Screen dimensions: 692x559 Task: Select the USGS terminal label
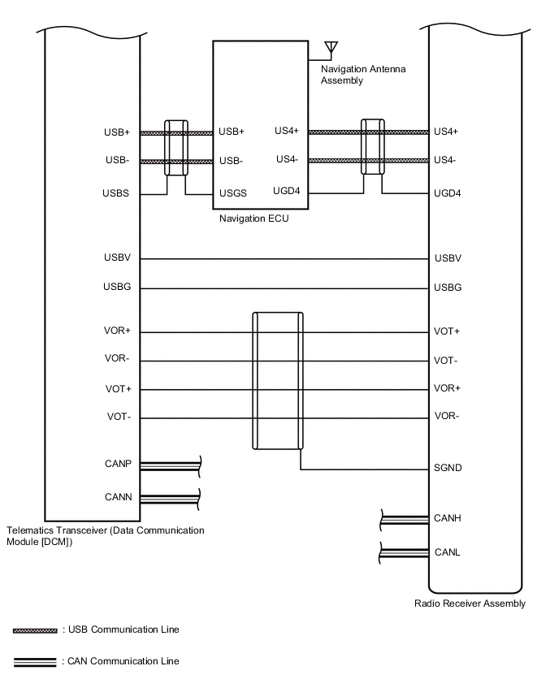tap(232, 193)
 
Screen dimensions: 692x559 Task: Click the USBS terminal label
tap(117, 193)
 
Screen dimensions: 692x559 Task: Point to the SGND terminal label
tap(448, 469)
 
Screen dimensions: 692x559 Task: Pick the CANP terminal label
tap(118, 465)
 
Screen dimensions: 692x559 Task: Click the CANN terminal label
tap(118, 496)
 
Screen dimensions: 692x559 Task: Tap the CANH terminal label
tap(448, 518)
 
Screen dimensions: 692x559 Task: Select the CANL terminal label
tap(447, 552)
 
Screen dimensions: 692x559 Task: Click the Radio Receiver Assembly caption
tap(470, 603)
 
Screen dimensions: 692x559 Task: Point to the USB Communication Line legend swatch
tap(35, 630)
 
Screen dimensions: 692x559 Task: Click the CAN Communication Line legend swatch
tap(35, 661)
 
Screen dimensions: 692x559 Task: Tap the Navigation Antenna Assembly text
tap(362, 75)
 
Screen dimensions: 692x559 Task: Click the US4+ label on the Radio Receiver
tap(446, 131)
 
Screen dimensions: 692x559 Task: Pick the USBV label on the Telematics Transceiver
tap(117, 258)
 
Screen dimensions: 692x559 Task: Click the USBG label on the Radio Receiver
tap(448, 288)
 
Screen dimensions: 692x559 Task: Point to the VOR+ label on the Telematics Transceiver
tap(118, 331)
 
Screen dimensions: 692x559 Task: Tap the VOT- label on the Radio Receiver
tap(447, 361)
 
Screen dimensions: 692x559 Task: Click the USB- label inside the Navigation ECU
tap(231, 160)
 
